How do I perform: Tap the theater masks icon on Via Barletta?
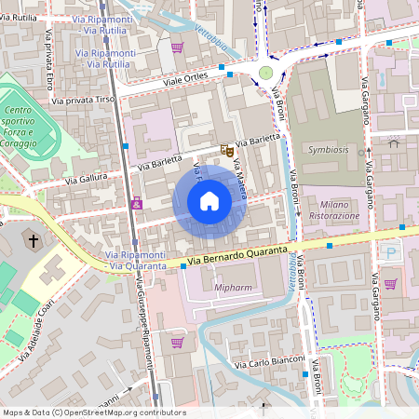pos(224,149)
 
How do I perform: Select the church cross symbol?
pos(34,242)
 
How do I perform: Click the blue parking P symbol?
pos(391,252)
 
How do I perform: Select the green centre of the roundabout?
pos(266,73)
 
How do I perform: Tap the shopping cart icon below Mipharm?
pos(177,343)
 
